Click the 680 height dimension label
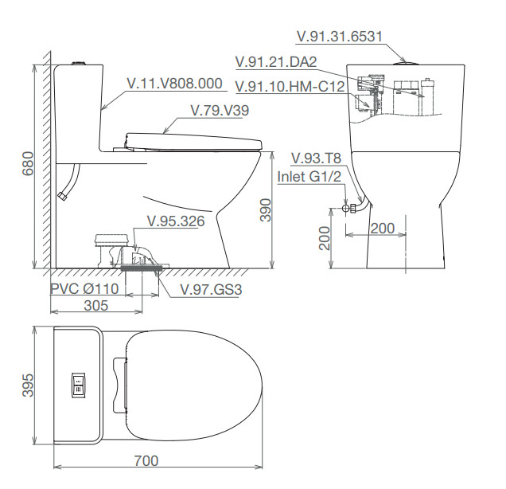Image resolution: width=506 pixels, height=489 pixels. pos(28,163)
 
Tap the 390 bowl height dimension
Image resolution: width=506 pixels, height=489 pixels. pos(266,210)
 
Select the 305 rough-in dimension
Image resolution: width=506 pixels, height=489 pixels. pos(95,306)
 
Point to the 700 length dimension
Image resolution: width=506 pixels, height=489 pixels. pos(146,461)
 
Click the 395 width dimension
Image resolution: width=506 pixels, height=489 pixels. pos(28,385)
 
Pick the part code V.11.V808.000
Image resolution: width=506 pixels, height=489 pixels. pos(175,84)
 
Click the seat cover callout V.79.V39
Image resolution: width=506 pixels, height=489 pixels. pos(220,111)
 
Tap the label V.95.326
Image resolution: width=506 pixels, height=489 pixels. pos(176,221)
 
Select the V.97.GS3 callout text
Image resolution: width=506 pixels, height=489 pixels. pos(211,289)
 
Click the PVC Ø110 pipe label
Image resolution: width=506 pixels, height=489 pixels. pos(84,288)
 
